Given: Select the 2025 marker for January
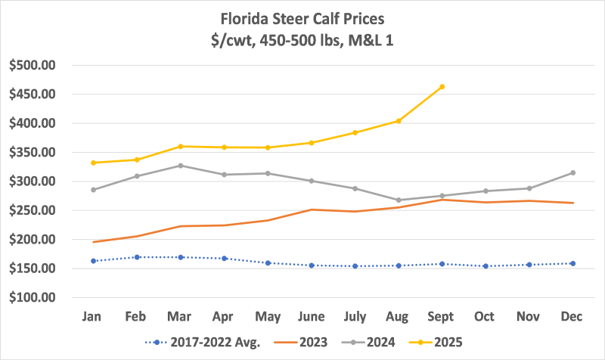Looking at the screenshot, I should pos(93,163).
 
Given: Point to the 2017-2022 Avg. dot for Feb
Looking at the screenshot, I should pos(137,257).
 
